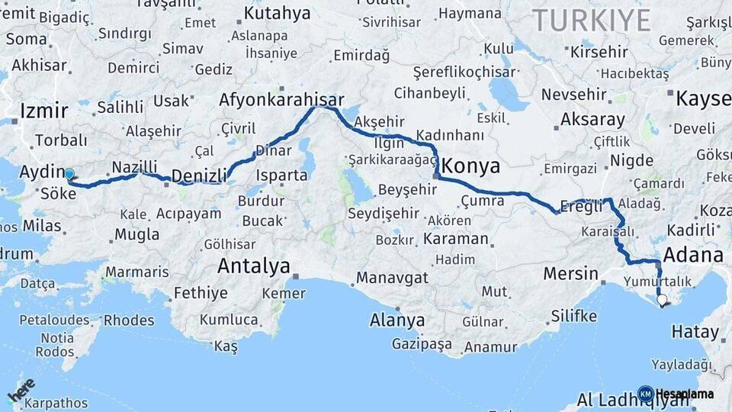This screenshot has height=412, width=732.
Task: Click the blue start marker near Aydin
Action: pyautogui.click(x=69, y=174)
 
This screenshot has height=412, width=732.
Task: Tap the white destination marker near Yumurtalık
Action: pyautogui.click(x=662, y=301)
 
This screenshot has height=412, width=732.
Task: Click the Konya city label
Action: pyautogui.click(x=471, y=166)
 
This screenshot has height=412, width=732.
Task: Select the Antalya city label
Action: pyautogui.click(x=253, y=266)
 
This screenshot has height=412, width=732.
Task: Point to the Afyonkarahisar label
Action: pyautogui.click(x=281, y=100)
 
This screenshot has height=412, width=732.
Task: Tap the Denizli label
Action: pyautogui.click(x=199, y=176)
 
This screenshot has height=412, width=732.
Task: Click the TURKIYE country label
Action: pyautogui.click(x=591, y=20)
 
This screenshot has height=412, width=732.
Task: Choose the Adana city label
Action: pyautogui.click(x=693, y=254)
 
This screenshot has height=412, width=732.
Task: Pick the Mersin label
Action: pyautogui.click(x=570, y=273)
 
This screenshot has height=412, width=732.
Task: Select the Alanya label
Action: pyautogui.click(x=396, y=320)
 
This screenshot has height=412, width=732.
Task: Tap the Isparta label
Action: pyautogui.click(x=281, y=175)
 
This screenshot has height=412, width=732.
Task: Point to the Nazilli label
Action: pyautogui.click(x=134, y=167)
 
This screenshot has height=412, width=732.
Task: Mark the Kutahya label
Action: pyautogui.click(x=277, y=14)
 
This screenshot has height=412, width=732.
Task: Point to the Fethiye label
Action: pyautogui.click(x=200, y=293)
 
